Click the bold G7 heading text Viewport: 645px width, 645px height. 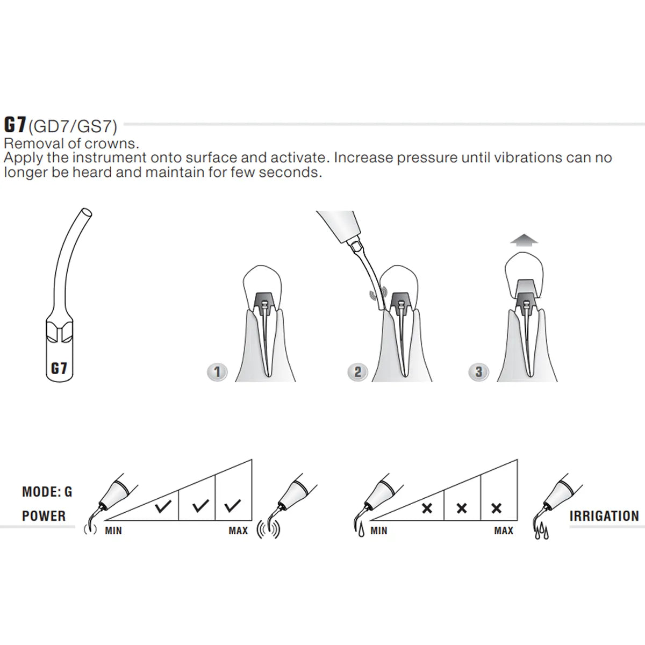point(15,125)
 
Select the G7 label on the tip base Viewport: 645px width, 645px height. point(59,369)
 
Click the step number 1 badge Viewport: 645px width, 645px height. point(218,372)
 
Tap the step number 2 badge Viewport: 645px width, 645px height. point(357,372)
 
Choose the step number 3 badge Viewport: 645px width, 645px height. point(479,372)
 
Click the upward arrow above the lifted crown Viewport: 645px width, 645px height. point(524,240)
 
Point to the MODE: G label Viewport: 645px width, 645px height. point(47,492)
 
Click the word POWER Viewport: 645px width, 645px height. point(44,516)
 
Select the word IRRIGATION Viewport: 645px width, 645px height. point(604,516)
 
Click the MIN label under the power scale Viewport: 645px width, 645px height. point(113,531)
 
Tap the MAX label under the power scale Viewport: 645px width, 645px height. point(238,531)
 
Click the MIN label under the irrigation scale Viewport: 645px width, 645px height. point(379,531)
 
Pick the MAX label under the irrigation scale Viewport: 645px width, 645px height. point(504,531)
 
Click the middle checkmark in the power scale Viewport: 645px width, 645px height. point(200,506)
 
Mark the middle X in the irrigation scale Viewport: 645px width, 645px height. point(462,508)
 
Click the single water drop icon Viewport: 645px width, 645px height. point(361,531)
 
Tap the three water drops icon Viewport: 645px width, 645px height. point(542,532)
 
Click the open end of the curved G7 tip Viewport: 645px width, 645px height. point(87,212)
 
